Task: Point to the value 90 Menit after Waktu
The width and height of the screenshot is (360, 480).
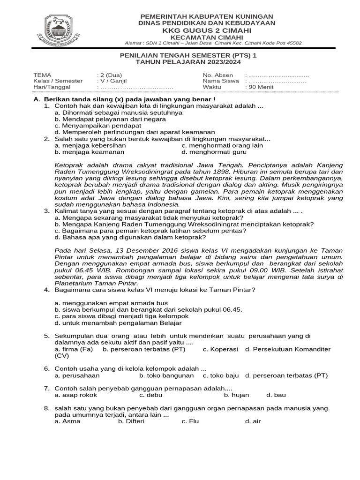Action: coord(259,87)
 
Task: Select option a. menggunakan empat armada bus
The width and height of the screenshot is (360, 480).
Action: coord(111,303)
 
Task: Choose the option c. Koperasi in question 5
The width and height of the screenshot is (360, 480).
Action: coord(220,349)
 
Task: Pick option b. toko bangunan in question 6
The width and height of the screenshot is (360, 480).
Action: coord(166,375)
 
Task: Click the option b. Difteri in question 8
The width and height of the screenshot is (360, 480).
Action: coord(131,421)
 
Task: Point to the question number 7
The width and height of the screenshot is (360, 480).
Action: coord(47,389)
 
